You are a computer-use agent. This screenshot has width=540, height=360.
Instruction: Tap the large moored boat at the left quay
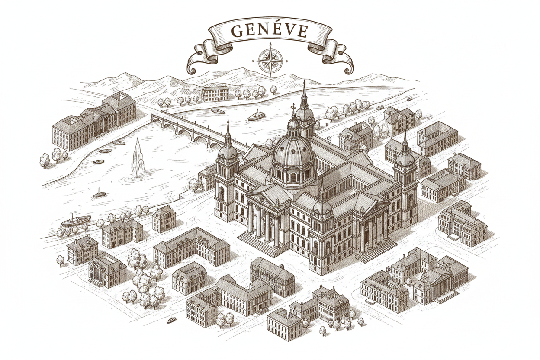click(76, 220)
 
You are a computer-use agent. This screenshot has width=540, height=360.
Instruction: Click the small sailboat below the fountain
click(99, 193)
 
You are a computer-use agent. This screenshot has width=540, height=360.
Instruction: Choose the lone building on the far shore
click(215, 93)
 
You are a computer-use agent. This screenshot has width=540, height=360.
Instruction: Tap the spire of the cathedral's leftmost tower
click(228, 130)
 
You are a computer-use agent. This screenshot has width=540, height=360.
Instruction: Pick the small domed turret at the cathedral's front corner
click(322, 206)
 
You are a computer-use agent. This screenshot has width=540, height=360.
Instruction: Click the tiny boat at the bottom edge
click(171, 321)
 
